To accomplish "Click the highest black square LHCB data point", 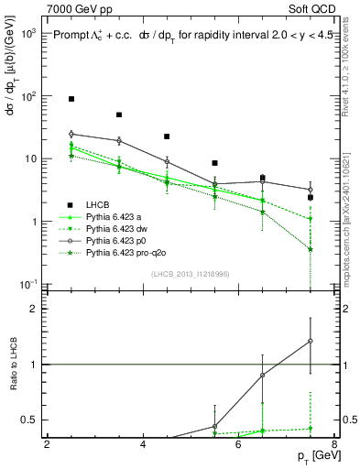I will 71,98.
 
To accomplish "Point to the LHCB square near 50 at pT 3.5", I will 119,115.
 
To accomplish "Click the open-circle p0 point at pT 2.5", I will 71,134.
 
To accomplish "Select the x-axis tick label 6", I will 238,444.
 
